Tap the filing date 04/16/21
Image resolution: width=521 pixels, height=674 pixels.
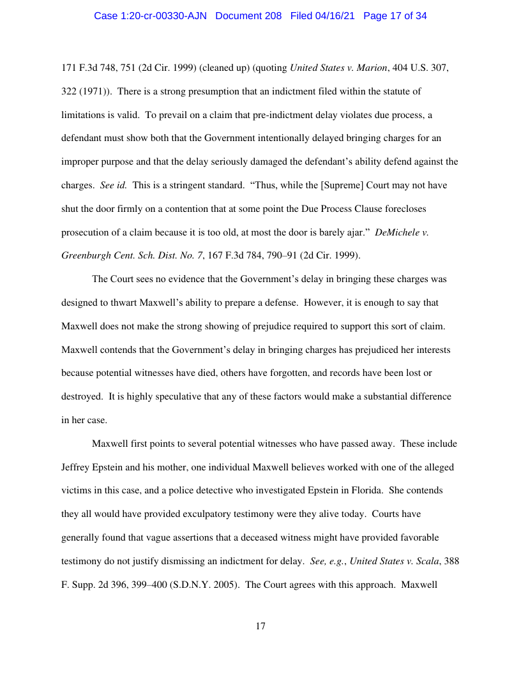pyautogui.click(x=335, y=16)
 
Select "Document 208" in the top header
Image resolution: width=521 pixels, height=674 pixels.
pyautogui.click(x=248, y=16)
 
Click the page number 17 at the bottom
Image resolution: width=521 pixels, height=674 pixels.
pyautogui.click(x=260, y=626)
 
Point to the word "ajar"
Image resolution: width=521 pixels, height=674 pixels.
pyautogui.click(x=351, y=232)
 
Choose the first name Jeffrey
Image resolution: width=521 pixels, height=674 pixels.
pyautogui.click(x=77, y=467)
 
